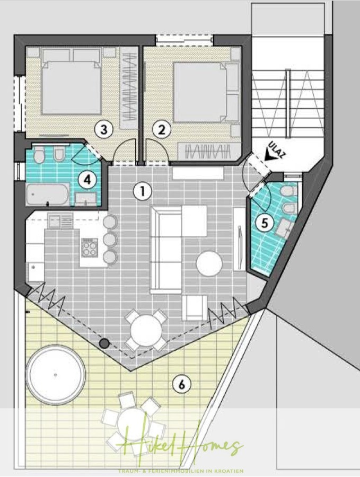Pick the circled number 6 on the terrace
point(181,385)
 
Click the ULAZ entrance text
point(279,150)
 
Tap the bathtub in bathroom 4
point(47,195)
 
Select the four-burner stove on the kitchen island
point(90,247)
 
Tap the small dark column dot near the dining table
point(105,343)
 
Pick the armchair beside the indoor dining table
point(195,308)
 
